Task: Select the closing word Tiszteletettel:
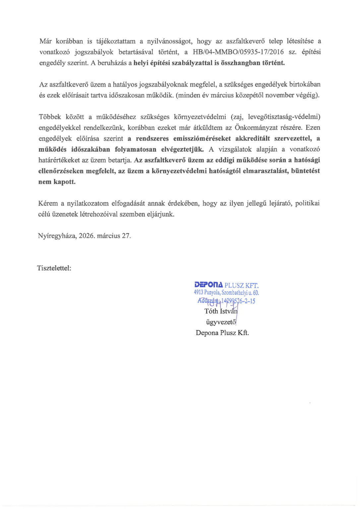54,268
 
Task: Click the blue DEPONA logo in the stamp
209,285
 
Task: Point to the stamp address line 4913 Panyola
226,293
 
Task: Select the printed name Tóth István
221,311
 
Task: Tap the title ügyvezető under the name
221,322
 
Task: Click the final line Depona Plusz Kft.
222,333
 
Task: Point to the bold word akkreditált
253,139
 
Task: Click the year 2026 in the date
87,236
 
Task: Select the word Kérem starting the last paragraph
48,203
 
